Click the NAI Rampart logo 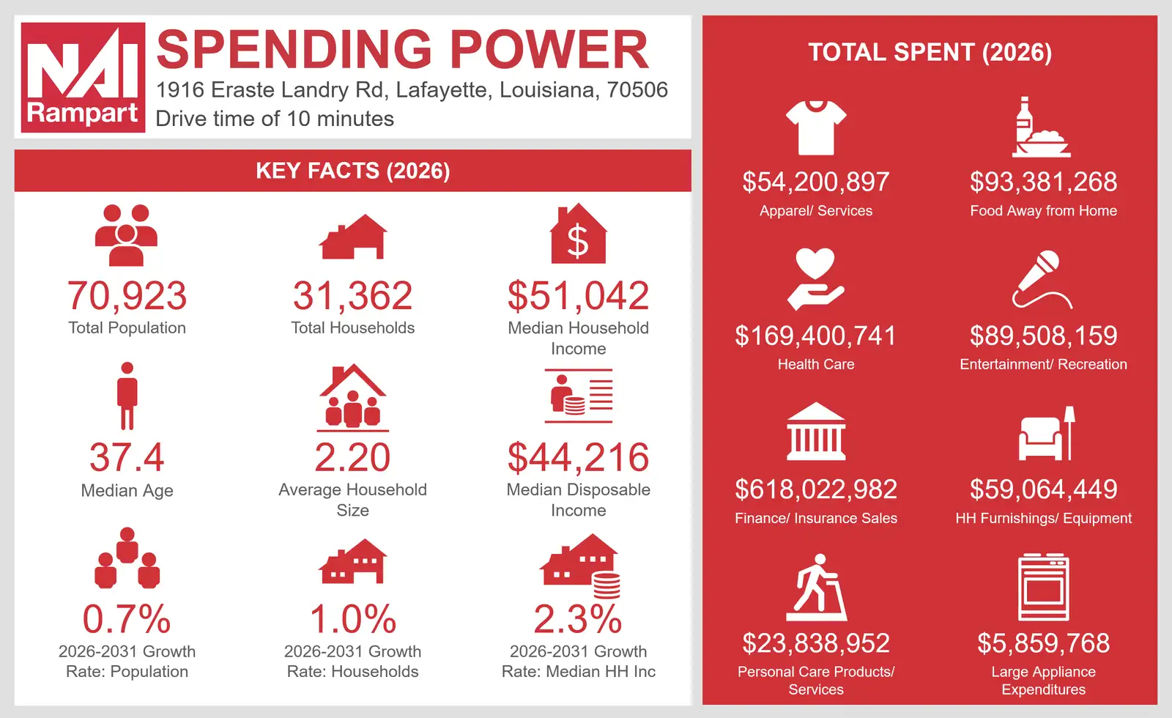click(83, 77)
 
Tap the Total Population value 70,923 click(127, 296)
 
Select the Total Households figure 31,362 click(352, 296)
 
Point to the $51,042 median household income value click(578, 296)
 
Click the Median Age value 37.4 click(127, 457)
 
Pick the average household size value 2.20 click(352, 457)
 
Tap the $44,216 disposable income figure click(578, 457)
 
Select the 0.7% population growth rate click(127, 619)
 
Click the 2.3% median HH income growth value click(578, 619)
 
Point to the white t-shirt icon click(816, 127)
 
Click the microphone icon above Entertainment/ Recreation click(1042, 279)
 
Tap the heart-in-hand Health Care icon click(816, 279)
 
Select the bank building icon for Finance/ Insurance click(816, 432)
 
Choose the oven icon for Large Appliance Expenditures click(1043, 587)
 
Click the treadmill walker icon click(816, 587)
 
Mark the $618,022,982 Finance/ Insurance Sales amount click(816, 489)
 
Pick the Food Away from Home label click(1043, 210)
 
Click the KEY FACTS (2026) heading click(352, 171)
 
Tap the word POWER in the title click(549, 49)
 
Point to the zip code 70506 click(637, 90)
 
